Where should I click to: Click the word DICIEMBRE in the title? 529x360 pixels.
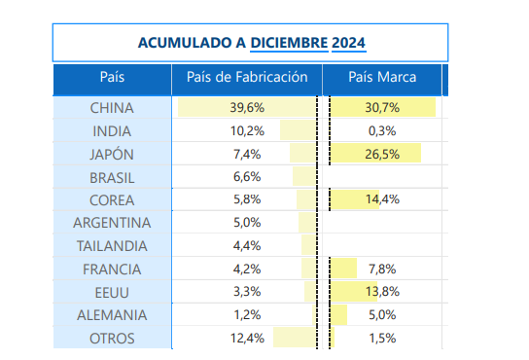pyautogui.click(x=289, y=43)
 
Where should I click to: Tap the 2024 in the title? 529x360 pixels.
pyautogui.click(x=348, y=43)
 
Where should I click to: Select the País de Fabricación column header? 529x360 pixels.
pyautogui.click(x=247, y=77)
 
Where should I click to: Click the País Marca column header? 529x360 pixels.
pyautogui.click(x=382, y=77)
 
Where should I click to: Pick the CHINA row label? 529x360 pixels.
pyautogui.click(x=112, y=108)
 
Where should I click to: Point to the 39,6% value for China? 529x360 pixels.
pyautogui.click(x=247, y=108)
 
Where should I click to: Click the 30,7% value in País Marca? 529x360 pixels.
pyautogui.click(x=382, y=108)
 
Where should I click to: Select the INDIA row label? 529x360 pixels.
pyautogui.click(x=112, y=131)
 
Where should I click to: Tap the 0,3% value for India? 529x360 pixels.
pyautogui.click(x=382, y=131)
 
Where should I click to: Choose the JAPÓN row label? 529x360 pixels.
pyautogui.click(x=112, y=155)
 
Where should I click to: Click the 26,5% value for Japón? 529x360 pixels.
pyautogui.click(x=382, y=155)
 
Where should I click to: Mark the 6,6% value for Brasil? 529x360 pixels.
pyautogui.click(x=247, y=177)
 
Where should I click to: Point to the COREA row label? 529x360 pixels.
pyautogui.click(x=112, y=200)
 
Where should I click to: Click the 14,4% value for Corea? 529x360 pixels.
pyautogui.click(x=382, y=199)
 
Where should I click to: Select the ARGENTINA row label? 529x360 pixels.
pyautogui.click(x=112, y=223)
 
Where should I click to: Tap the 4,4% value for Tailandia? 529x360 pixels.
pyautogui.click(x=247, y=246)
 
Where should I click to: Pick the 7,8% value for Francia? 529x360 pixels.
pyautogui.click(x=382, y=270)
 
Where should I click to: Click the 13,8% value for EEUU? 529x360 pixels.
pyautogui.click(x=382, y=292)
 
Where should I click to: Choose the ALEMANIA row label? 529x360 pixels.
pyautogui.click(x=112, y=315)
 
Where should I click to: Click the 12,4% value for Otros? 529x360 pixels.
pyautogui.click(x=247, y=338)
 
